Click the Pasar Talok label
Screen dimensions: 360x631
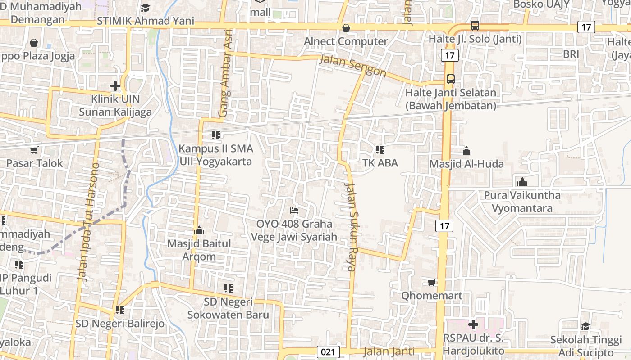34,163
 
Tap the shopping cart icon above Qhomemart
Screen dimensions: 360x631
431,282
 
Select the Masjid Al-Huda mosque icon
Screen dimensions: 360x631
466,151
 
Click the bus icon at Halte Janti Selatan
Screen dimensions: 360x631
450,79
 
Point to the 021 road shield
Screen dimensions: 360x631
328,351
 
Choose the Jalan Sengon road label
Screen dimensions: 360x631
353,66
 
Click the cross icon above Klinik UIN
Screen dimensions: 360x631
115,85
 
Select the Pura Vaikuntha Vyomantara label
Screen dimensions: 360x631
522,202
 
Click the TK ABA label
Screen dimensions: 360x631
380,163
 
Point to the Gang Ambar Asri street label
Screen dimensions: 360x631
225,73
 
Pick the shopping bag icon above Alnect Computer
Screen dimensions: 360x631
346,28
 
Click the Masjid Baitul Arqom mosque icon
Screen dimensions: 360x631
199,231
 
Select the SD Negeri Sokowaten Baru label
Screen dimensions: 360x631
228,308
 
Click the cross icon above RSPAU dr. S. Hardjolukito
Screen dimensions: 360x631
473,324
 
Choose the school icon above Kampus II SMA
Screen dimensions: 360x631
215,135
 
